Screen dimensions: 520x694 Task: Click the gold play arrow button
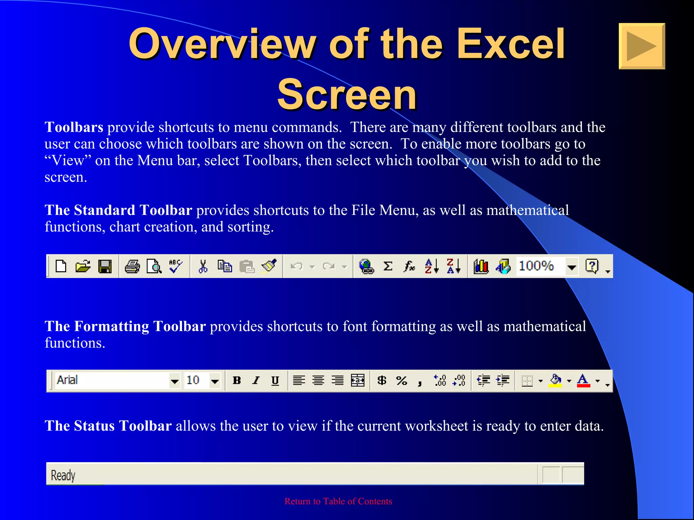click(641, 46)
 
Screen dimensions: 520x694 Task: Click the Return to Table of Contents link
click(338, 501)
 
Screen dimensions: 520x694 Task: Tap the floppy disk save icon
click(105, 266)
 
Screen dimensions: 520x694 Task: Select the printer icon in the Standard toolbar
click(132, 266)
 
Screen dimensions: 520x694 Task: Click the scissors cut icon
click(203, 266)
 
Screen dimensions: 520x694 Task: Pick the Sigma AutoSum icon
click(388, 266)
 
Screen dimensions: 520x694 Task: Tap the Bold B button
click(237, 381)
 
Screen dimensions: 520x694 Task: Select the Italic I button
click(256, 381)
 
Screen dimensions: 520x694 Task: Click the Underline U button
click(275, 381)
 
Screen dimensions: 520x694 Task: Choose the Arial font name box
click(112, 381)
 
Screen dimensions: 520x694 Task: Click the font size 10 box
click(197, 381)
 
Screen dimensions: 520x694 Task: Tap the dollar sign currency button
click(382, 381)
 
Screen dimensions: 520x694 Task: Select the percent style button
click(402, 381)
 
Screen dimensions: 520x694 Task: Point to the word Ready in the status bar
click(63, 475)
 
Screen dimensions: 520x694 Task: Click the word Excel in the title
click(511, 44)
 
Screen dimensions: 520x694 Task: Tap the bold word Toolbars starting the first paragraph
click(74, 127)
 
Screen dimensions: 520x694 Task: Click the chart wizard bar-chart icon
click(481, 266)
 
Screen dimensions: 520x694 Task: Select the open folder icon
click(83, 266)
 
